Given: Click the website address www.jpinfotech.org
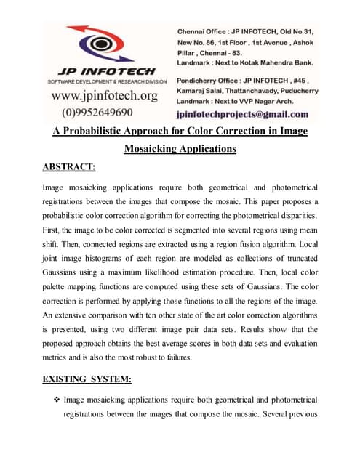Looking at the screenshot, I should [x=104, y=95].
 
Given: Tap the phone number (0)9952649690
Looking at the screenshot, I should [x=97, y=112].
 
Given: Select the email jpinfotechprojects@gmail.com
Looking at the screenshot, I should [x=242, y=114].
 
